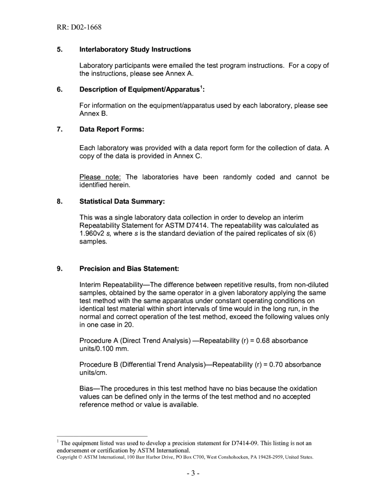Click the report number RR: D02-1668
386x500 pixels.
[79, 27]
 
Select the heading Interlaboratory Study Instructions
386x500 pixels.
[135, 50]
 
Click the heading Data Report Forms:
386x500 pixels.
[112, 129]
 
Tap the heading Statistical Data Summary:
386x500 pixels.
[122, 202]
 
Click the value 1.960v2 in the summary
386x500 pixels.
[92, 233]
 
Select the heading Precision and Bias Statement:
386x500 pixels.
[129, 269]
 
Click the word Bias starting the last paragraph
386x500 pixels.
[87, 389]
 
